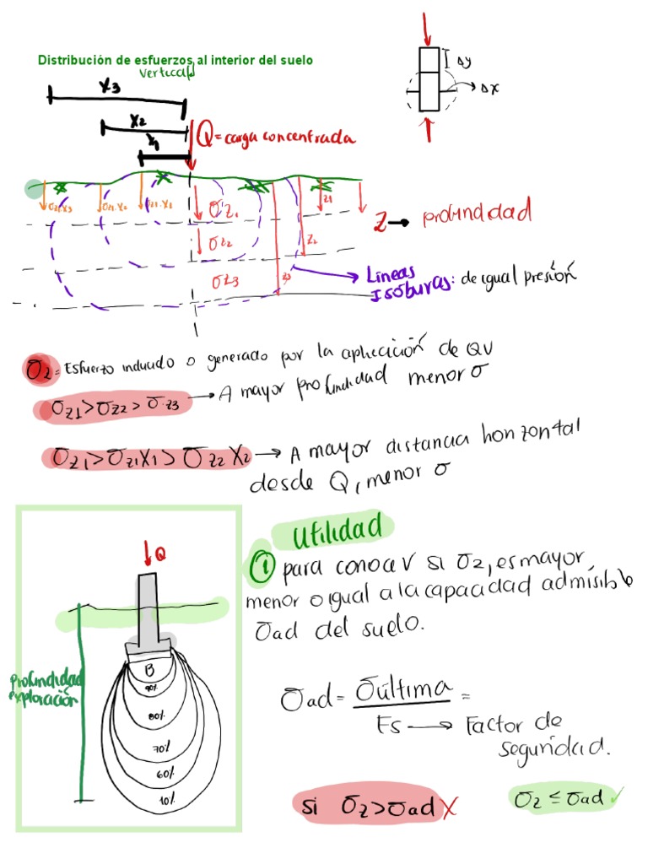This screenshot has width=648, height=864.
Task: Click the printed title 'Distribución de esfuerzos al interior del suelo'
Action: pos(175,61)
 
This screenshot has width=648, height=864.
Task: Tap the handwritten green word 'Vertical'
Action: pos(168,73)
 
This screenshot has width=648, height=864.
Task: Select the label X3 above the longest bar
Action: pos(110,87)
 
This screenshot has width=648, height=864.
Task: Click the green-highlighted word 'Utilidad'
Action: pos(333,532)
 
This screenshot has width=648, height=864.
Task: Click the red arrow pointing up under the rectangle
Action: pos(429,129)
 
